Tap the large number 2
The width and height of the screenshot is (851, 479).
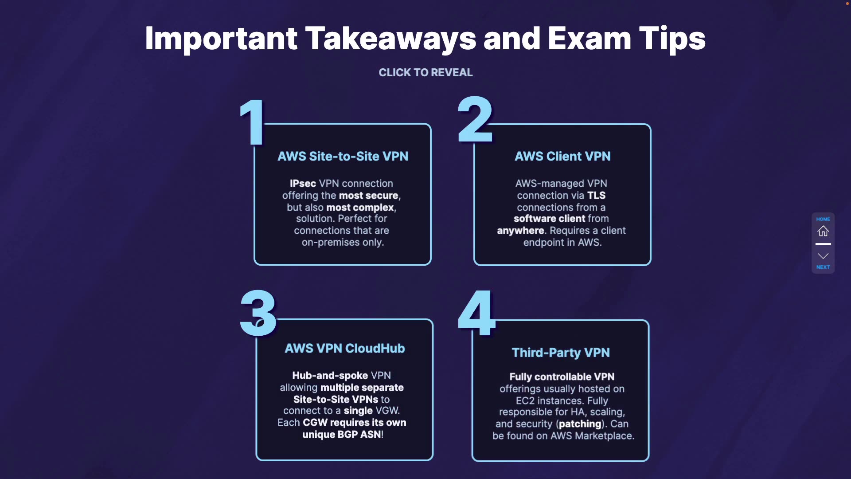pyautogui.click(x=475, y=120)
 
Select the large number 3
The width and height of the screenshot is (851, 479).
pyautogui.click(x=258, y=314)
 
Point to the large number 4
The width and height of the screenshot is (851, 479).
pyautogui.click(x=476, y=313)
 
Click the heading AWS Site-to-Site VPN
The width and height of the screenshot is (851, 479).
pyautogui.click(x=343, y=157)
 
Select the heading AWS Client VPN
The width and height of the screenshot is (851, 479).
pyautogui.click(x=562, y=157)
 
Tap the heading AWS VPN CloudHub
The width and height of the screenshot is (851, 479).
pyautogui.click(x=344, y=349)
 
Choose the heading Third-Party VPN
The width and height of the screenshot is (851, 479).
pyautogui.click(x=561, y=353)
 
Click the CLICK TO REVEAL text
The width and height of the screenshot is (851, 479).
pyautogui.click(x=425, y=73)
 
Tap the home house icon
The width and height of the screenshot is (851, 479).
pyautogui.click(x=823, y=231)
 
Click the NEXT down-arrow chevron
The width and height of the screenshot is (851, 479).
pyautogui.click(x=823, y=256)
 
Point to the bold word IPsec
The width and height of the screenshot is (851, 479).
pyautogui.click(x=303, y=184)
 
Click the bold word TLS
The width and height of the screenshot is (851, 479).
pyautogui.click(x=596, y=196)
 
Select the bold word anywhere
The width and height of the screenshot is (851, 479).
pyautogui.click(x=520, y=231)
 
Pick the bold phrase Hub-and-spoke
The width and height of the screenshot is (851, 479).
pyautogui.click(x=330, y=376)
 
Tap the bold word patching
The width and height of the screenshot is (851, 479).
pyautogui.click(x=580, y=424)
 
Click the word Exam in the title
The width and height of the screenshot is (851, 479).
pyautogui.click(x=589, y=39)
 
